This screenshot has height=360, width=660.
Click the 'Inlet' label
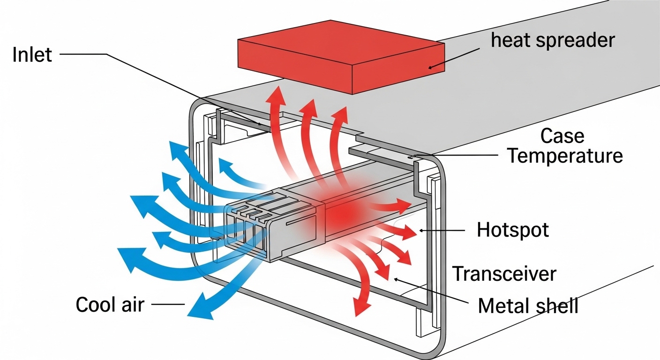tap(32, 54)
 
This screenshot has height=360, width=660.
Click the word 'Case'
tap(562, 136)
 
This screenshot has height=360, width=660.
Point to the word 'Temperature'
tap(565, 156)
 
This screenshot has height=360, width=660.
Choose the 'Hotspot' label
tap(512, 230)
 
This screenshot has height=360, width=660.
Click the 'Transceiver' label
tap(504, 273)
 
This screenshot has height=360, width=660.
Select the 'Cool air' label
tap(110, 305)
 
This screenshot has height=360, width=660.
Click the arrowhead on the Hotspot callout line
tap(421, 230)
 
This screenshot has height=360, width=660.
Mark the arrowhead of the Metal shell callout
tap(396, 279)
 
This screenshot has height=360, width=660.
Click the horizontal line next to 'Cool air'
tap(168, 305)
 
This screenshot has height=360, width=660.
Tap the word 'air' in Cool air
tap(133, 305)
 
